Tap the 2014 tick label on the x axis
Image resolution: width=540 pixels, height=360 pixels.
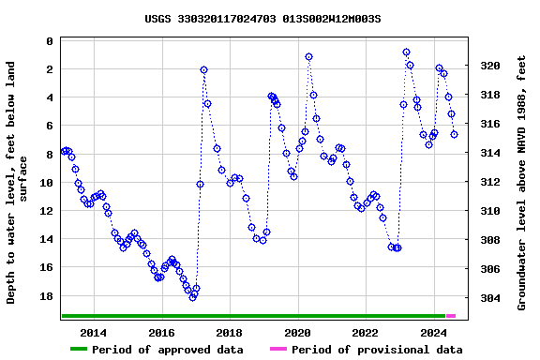coord(94,333)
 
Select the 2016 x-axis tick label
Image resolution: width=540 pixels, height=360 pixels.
coord(162,333)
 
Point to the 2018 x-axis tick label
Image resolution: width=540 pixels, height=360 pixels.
coord(230,333)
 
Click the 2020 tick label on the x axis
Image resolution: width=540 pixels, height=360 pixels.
coord(297,333)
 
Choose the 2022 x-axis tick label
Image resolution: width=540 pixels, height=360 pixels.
coord(366,333)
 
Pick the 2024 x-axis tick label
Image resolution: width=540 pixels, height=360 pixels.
coord(433,333)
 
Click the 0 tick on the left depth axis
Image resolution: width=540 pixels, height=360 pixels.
coord(49,41)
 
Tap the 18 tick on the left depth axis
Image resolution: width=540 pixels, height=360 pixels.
coord(46,296)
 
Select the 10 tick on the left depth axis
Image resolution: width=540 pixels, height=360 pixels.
coord(46,183)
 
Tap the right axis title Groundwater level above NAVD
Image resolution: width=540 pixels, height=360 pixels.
coord(521,183)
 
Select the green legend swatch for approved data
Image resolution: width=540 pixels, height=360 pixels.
coord(79,350)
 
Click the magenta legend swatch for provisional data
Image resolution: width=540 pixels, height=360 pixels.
coord(278,350)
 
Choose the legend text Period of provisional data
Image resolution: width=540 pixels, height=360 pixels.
coord(377,350)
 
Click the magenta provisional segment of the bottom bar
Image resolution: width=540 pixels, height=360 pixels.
coord(451,316)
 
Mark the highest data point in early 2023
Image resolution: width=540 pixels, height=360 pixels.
coord(406,52)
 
